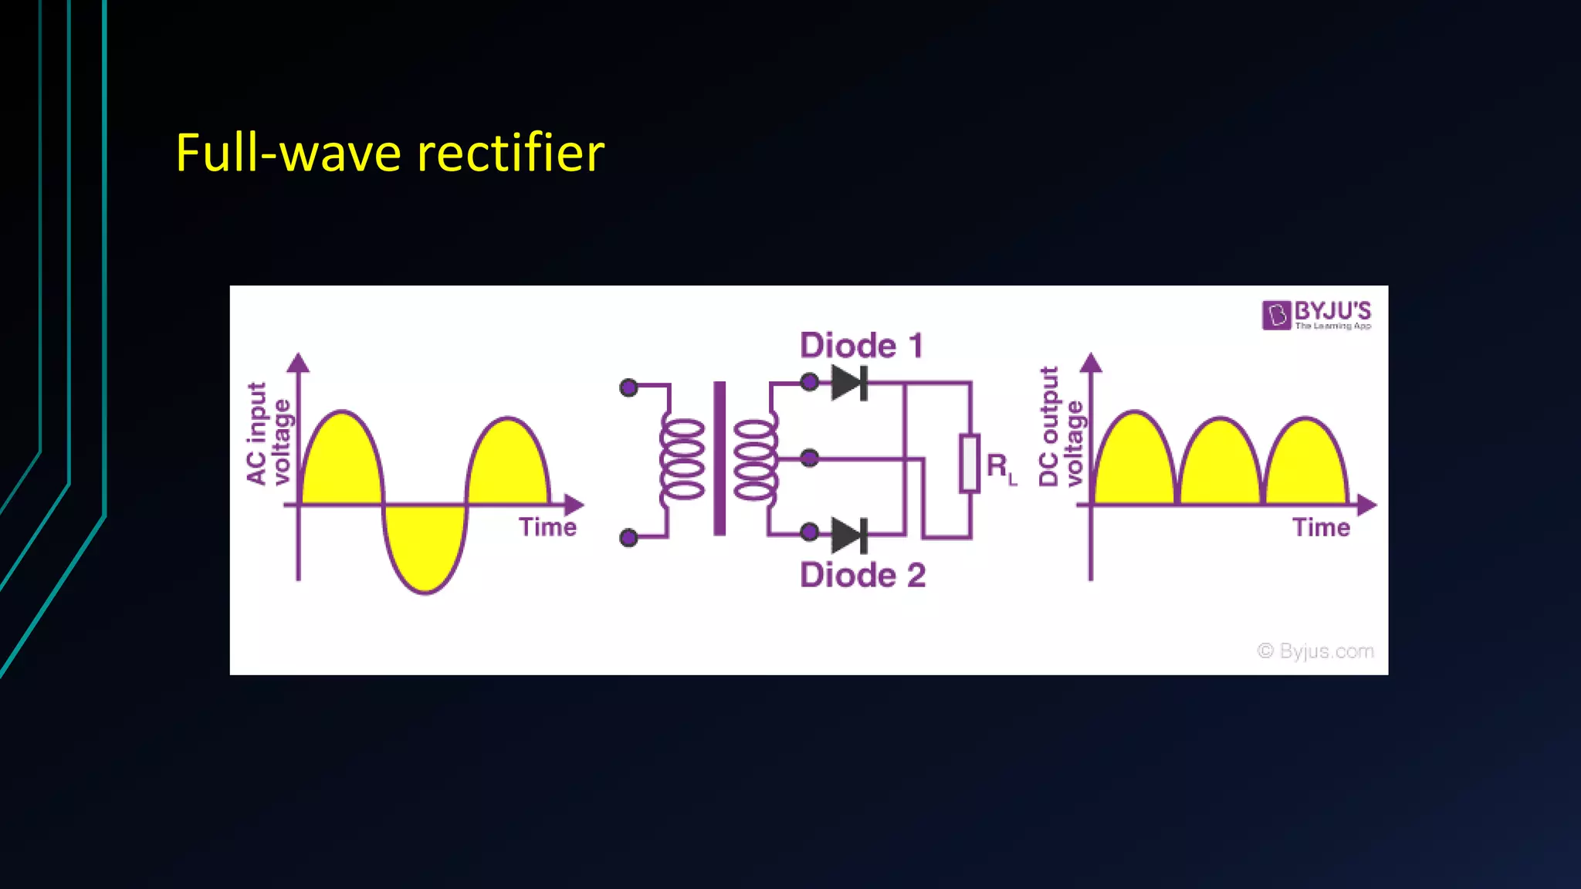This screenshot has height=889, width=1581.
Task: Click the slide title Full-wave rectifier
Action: pos(390,153)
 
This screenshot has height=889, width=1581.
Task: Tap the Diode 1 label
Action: pos(862,345)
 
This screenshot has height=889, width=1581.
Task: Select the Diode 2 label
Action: pos(862,575)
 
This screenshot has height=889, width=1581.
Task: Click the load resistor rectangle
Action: pos(970,463)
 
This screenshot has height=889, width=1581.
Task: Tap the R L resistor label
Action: pos(1001,468)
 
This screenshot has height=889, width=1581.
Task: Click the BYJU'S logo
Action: pos(1317,315)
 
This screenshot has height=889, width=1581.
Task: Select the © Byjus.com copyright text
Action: pos(1315,651)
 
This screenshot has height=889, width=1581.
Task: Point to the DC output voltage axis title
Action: pos(1061,427)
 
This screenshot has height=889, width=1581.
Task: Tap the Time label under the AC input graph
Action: pos(547,527)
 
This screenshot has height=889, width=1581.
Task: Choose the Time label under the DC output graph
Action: pos(1321,528)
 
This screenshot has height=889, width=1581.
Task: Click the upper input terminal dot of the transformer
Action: pos(629,387)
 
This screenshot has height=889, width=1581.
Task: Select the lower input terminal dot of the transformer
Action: pos(629,537)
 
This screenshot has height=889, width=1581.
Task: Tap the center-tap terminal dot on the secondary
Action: pos(809,458)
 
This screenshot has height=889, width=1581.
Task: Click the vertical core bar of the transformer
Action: pos(719,458)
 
